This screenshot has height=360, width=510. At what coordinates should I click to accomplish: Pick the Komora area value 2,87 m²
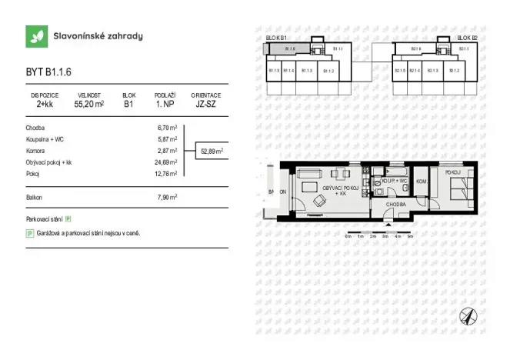[x=168, y=151]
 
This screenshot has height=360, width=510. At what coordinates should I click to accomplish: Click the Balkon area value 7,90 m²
[x=168, y=197]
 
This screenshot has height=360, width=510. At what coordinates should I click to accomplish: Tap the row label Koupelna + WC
[x=47, y=139]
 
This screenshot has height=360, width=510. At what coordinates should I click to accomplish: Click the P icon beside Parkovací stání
[x=68, y=219]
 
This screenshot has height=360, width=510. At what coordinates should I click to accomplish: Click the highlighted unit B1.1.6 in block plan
[x=290, y=49]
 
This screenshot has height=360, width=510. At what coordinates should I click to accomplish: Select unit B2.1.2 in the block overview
[x=453, y=71]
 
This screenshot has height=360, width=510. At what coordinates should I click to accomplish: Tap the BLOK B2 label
[x=467, y=38]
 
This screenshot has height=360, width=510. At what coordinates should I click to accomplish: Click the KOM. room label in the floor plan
[x=422, y=182]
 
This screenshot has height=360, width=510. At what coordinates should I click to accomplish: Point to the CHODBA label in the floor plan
[x=396, y=205]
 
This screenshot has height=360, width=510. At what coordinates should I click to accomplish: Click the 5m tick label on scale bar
[x=411, y=236]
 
